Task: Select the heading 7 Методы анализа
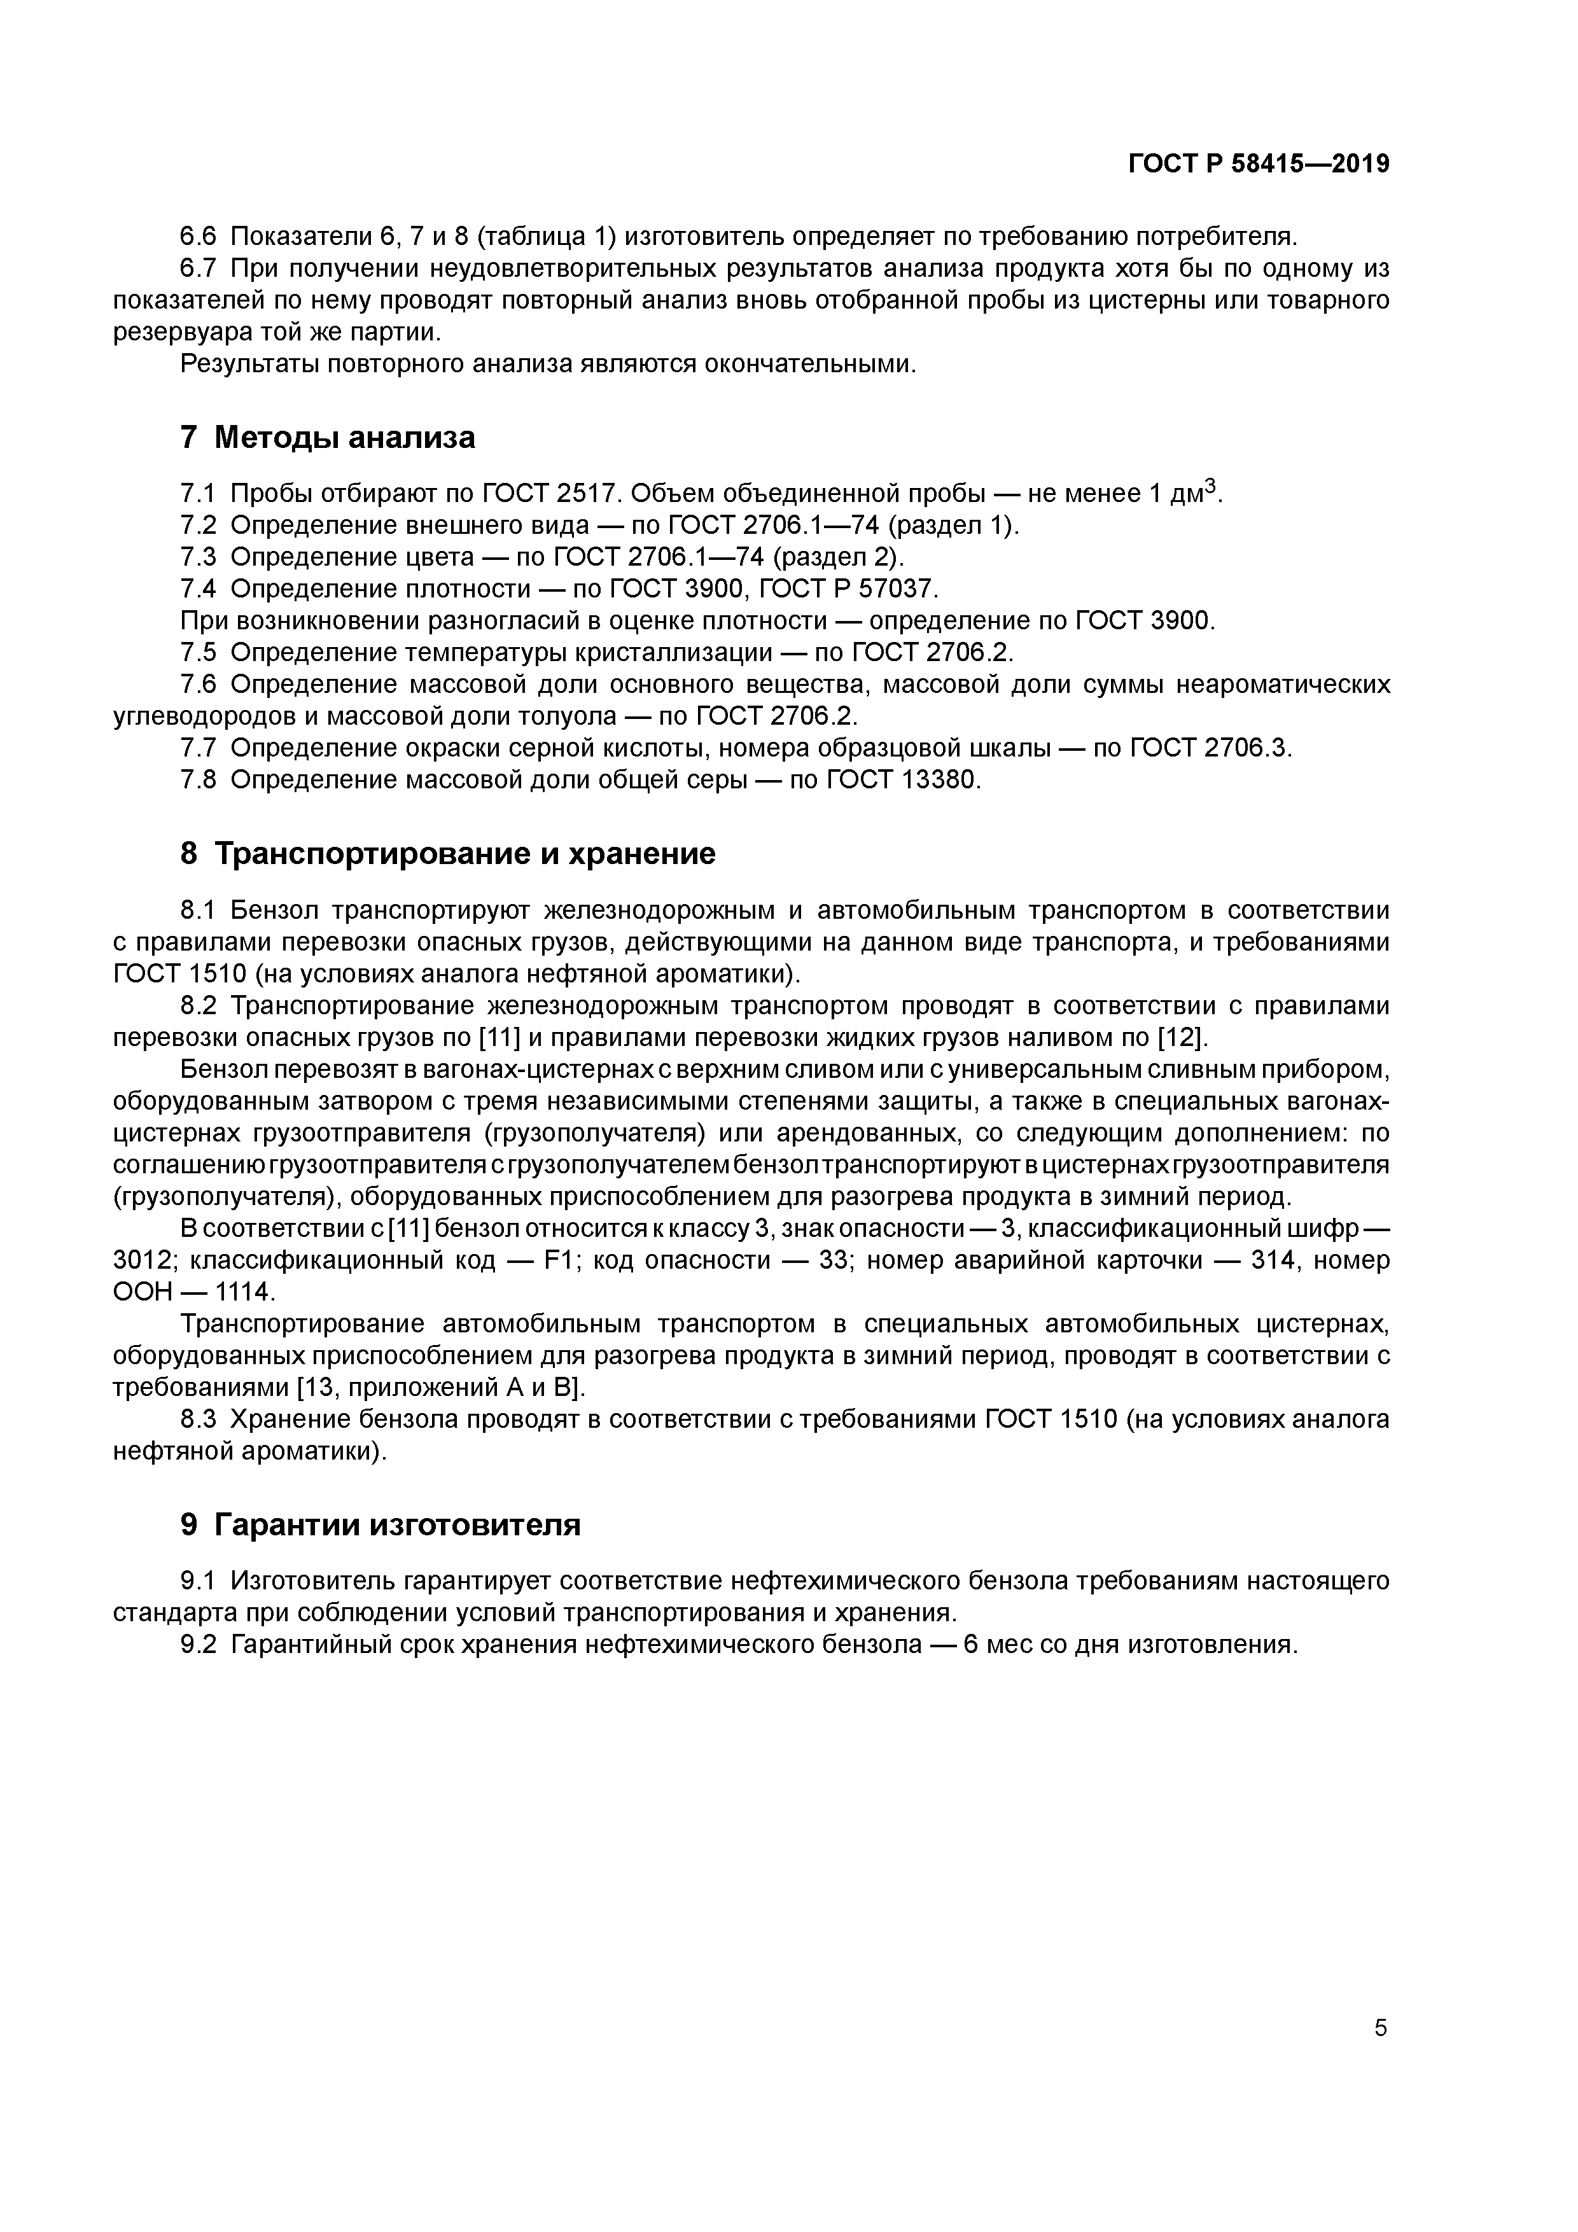tap(328, 438)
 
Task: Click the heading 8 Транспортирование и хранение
tap(447, 853)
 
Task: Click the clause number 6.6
tap(200, 236)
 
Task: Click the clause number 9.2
tap(200, 1645)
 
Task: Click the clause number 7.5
tap(200, 652)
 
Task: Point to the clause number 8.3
tap(200, 1419)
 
